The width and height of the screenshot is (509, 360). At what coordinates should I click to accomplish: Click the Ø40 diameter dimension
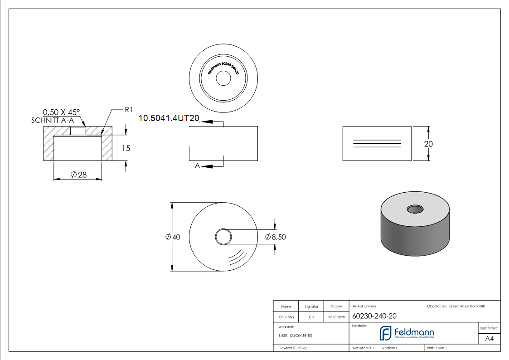[173, 237]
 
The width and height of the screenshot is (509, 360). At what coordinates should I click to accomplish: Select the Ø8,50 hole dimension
[276, 237]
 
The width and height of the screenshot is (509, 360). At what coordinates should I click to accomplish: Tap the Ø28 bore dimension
[79, 175]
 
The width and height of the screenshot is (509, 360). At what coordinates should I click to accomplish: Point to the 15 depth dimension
[126, 148]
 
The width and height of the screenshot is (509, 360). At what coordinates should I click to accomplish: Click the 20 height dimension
[428, 144]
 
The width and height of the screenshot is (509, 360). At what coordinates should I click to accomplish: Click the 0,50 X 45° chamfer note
[61, 112]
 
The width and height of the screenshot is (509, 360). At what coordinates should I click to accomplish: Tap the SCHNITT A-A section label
[53, 120]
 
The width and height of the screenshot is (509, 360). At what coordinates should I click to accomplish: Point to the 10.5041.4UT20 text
[169, 118]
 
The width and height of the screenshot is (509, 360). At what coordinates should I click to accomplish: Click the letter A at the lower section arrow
[197, 166]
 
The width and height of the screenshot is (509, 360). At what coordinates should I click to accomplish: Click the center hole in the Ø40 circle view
[223, 237]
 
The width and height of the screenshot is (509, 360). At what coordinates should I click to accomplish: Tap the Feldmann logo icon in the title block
[385, 333]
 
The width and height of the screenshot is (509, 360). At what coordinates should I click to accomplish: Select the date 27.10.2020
[336, 317]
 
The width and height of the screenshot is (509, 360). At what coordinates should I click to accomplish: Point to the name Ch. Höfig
[286, 317]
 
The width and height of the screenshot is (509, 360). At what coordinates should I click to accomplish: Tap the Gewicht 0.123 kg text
[293, 348]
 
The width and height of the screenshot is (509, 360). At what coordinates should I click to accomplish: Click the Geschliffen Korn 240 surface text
[467, 306]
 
